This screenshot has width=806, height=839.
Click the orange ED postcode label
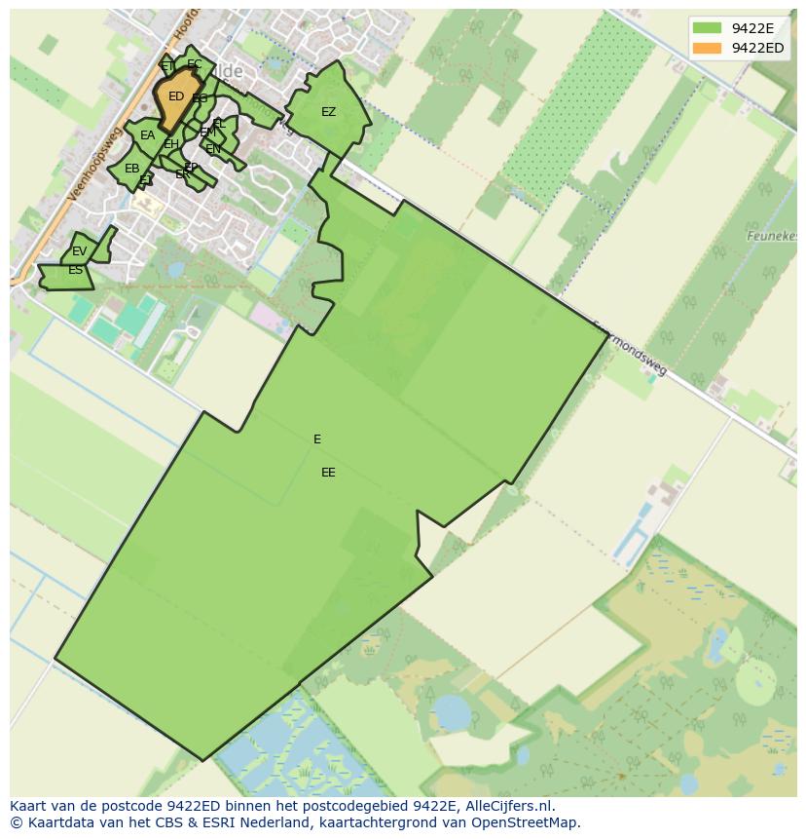175,96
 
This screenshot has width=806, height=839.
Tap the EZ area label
328,112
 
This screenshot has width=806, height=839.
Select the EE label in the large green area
328,473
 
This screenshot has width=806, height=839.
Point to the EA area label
147,135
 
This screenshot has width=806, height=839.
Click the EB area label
131,169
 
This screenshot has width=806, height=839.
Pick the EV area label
79,251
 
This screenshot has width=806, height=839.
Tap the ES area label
75,270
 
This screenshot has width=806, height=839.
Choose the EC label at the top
195,65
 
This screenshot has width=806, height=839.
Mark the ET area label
167,66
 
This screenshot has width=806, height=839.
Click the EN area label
212,149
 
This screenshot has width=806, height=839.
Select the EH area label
170,145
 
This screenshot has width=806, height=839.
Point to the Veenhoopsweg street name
93,164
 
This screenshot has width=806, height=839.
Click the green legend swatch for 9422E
707,28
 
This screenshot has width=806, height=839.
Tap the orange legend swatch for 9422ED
707,48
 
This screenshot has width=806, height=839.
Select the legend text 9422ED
758,48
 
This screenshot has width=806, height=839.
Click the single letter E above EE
317,439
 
